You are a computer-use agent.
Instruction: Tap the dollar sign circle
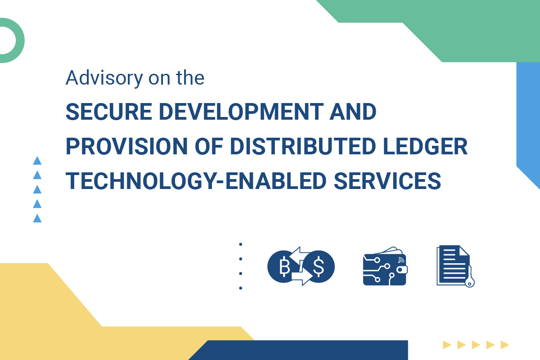[319, 267]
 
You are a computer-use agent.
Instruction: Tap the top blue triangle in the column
[37, 161]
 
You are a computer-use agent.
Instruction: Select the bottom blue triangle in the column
[37, 218]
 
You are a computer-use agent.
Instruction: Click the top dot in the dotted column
[241, 244]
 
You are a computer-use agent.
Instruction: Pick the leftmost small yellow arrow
[446, 345]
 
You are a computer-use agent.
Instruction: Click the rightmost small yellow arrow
[504, 345]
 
